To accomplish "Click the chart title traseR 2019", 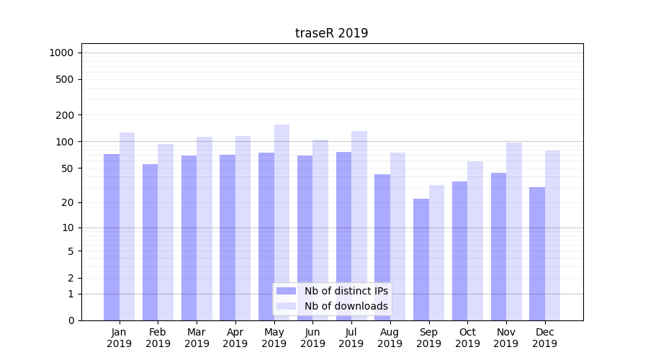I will [331, 33].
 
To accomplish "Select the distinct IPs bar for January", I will [112, 237].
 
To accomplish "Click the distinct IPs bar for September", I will [421, 259].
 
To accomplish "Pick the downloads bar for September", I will [436, 253].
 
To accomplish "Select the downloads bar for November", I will [514, 231].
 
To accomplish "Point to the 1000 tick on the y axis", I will [61, 53].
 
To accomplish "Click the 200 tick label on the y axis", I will [65, 115].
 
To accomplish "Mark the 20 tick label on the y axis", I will [67, 202].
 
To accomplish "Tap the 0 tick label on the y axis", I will [71, 320].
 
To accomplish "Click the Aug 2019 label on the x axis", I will [390, 338].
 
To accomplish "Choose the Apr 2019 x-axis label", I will [235, 338].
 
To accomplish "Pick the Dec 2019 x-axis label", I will [545, 338].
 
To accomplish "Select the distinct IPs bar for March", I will [189, 238].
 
